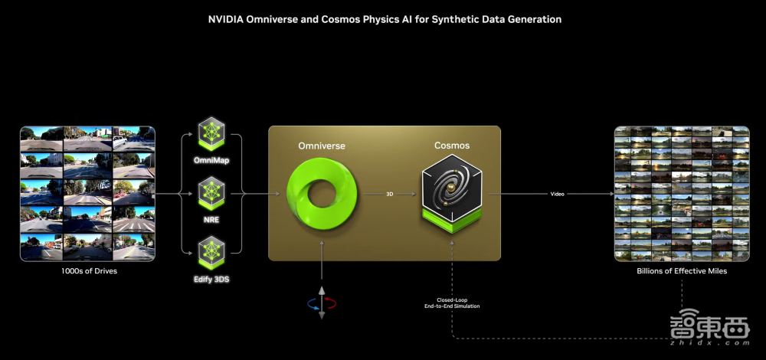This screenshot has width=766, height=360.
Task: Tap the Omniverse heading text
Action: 322,146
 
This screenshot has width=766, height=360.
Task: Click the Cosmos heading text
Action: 452,146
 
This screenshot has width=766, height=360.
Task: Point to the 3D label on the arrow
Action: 389,195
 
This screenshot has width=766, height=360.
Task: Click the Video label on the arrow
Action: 558,195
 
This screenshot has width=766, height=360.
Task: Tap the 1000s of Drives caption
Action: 87,271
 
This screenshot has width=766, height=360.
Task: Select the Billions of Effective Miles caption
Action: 682,271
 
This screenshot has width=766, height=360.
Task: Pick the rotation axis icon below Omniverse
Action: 322,303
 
